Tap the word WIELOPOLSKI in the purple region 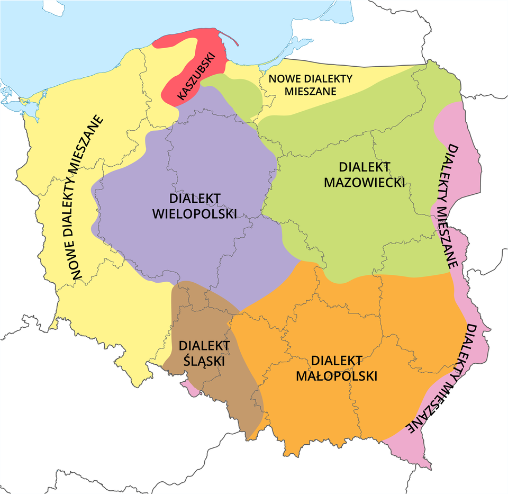(x=194, y=213)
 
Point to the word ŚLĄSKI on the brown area (x=204, y=361)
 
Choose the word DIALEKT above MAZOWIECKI (x=364, y=167)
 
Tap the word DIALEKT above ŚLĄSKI (x=204, y=346)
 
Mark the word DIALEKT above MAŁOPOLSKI (x=337, y=361)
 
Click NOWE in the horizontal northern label (x=284, y=79)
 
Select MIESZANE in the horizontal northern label (x=310, y=91)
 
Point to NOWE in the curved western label (x=74, y=260)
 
